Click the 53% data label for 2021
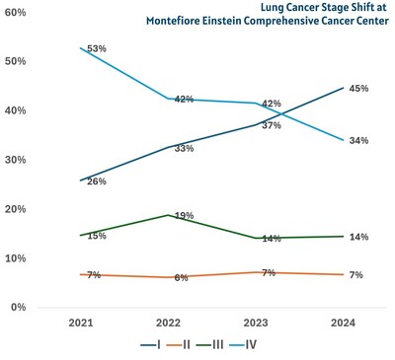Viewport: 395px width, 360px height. coord(96,48)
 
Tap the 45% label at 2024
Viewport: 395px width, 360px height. coord(358,89)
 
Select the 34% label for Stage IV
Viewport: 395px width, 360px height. coord(358,140)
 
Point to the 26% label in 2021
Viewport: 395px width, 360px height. coord(96,181)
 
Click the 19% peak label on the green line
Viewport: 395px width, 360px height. coord(185,215)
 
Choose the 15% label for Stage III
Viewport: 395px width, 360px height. coord(96,235)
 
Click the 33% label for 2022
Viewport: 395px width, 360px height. coord(185,149)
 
